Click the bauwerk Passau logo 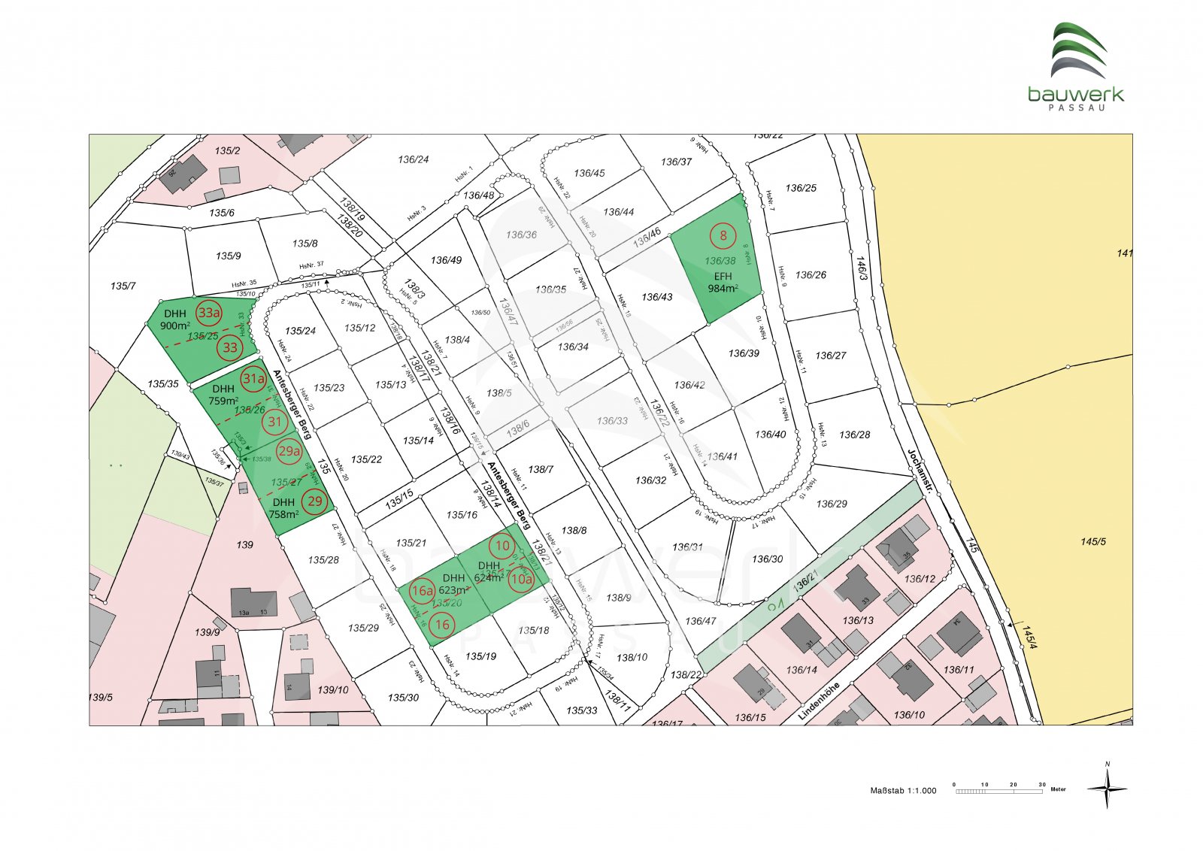pyautogui.click(x=1076, y=66)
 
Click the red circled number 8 pyautogui.click(x=723, y=236)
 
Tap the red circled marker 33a pyautogui.click(x=209, y=312)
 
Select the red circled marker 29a pyautogui.click(x=289, y=451)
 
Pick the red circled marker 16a pyautogui.click(x=422, y=591)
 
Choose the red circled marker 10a pyautogui.click(x=521, y=579)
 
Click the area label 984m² pyautogui.click(x=723, y=289)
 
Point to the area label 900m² pyautogui.click(x=174, y=326)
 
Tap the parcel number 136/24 pyautogui.click(x=414, y=159)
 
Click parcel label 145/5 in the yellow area pyautogui.click(x=1093, y=541)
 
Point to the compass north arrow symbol pyautogui.click(x=1107, y=787)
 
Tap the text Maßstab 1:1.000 pyautogui.click(x=903, y=791)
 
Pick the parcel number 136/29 pyautogui.click(x=832, y=504)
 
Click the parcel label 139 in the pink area pyautogui.click(x=244, y=544)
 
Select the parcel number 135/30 pyautogui.click(x=403, y=698)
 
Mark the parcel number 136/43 pyautogui.click(x=657, y=297)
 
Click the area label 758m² pyautogui.click(x=283, y=515)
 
